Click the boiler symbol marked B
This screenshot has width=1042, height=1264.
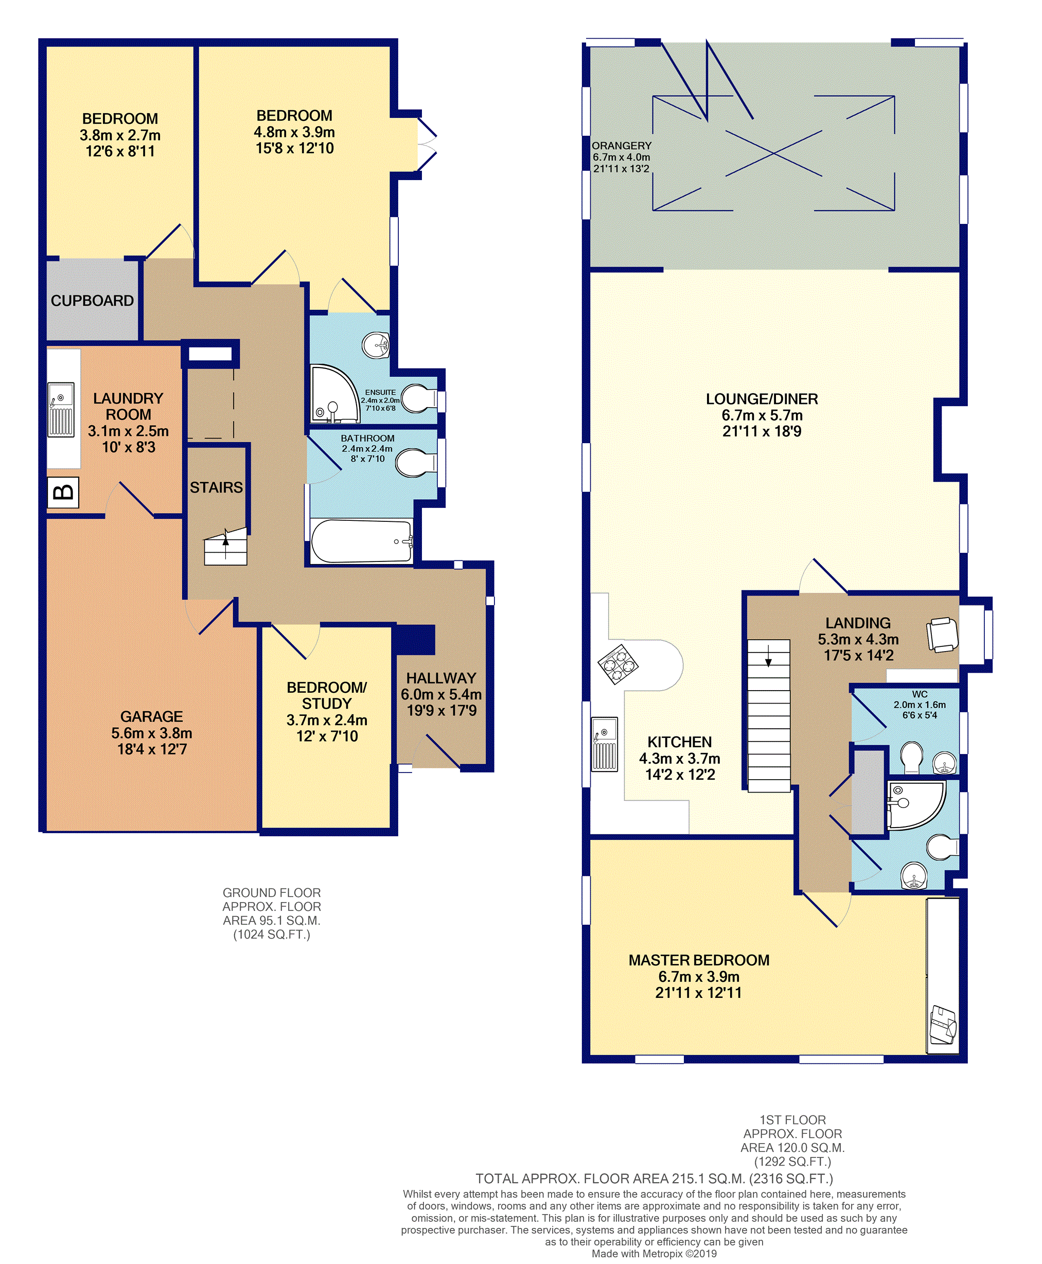(x=63, y=492)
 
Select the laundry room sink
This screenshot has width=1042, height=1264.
(x=61, y=409)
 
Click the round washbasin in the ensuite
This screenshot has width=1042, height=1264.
(x=376, y=345)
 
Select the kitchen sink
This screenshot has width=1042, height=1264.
(x=605, y=744)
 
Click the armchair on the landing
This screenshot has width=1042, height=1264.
(x=942, y=635)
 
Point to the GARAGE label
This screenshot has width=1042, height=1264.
(x=151, y=716)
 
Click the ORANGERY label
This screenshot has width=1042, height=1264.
(x=621, y=146)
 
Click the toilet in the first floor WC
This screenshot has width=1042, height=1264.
(x=912, y=758)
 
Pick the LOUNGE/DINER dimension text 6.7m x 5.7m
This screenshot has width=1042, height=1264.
(x=762, y=415)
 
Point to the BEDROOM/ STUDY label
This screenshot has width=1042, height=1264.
(x=327, y=696)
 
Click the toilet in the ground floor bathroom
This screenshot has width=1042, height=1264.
(x=418, y=463)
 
